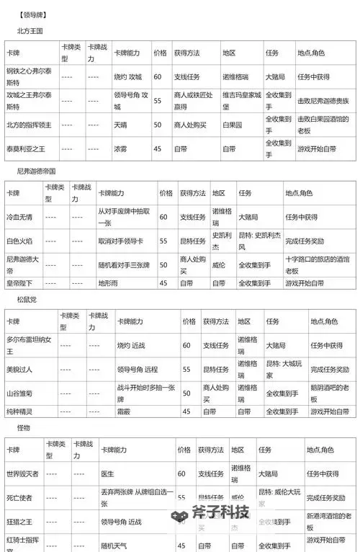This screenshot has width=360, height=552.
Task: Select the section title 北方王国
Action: (31, 31)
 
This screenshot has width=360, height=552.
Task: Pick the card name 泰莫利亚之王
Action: (26, 149)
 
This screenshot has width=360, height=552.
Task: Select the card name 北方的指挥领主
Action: (28, 125)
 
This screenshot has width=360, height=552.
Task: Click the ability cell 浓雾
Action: (120, 149)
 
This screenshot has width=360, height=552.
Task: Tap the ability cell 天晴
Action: (120, 125)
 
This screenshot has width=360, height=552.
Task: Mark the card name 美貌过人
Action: (19, 369)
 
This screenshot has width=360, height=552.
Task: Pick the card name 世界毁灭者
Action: (22, 473)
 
